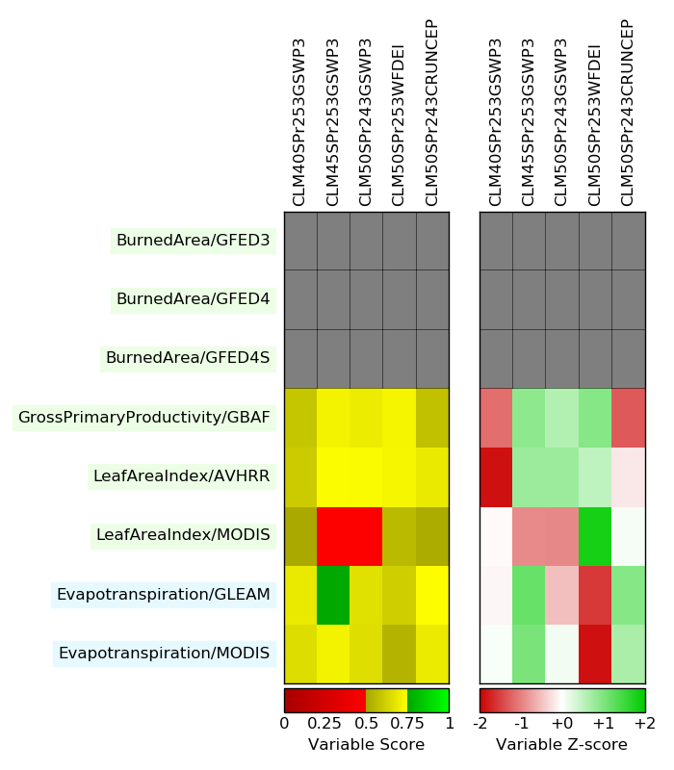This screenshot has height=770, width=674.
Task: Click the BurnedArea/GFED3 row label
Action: click(193, 241)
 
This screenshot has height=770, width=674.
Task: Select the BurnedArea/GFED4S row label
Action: click(188, 358)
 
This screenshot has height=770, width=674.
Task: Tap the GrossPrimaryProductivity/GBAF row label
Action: click(143, 417)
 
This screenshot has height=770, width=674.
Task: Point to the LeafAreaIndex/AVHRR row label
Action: click(181, 475)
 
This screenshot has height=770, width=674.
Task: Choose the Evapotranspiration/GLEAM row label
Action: click(163, 594)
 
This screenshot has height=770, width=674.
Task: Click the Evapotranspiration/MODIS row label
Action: click(164, 654)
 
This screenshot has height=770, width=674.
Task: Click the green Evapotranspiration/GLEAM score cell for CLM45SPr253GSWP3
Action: click(333, 595)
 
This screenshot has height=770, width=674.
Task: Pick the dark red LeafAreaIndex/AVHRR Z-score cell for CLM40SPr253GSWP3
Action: click(496, 476)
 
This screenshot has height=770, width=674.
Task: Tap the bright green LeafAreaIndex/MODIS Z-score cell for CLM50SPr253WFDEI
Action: click(595, 535)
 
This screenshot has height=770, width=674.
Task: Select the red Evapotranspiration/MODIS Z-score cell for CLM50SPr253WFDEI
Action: click(595, 654)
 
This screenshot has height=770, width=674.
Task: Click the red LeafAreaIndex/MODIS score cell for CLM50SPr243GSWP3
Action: click(366, 535)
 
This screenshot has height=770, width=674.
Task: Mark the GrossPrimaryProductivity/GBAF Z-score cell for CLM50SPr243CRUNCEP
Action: click(628, 417)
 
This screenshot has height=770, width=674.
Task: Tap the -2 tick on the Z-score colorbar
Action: click(480, 723)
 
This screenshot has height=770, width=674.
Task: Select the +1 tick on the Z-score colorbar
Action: click(604, 723)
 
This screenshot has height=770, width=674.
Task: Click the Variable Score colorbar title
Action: click(366, 745)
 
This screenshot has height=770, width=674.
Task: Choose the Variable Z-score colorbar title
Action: click(561, 745)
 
